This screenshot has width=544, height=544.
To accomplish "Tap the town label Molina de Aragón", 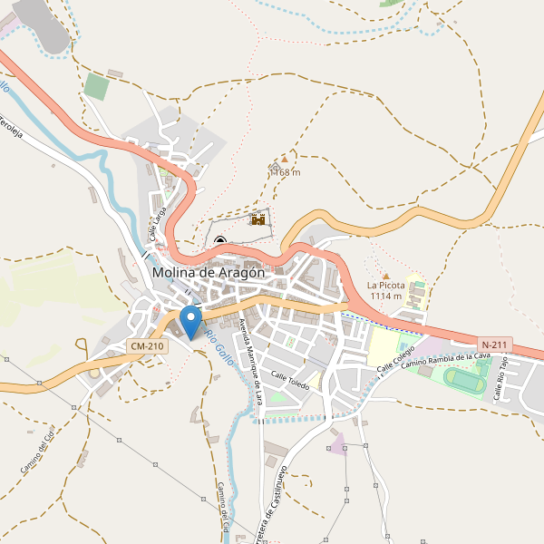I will pos(209,272).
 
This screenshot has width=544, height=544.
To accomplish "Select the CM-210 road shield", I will pos(147,346).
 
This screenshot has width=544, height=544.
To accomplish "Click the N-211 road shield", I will pos(496,345).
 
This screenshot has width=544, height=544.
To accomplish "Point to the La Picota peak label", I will pos(385,285).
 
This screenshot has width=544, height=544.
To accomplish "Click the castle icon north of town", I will pos(258,219).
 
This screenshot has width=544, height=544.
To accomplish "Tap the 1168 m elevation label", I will pos(286,172).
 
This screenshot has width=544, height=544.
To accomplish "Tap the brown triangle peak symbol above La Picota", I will pos(385,275).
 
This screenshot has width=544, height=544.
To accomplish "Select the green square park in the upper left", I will pos(95,87).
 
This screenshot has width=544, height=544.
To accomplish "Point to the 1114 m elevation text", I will pos(385,296).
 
